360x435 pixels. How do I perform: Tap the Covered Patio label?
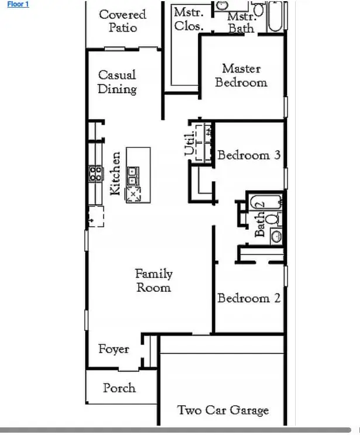(122, 20)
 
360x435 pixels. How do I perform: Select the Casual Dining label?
(117, 82)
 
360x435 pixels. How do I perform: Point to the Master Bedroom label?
(241, 75)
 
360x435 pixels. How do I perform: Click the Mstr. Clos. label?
(189, 19)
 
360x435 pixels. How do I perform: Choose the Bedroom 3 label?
(249, 155)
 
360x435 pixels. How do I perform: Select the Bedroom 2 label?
(249, 298)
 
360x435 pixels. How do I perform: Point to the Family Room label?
(154, 281)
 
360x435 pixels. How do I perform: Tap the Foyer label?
(113, 349)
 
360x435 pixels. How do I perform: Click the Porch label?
(119, 388)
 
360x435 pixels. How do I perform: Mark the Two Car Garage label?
(223, 410)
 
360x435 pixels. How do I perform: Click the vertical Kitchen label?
(116, 173)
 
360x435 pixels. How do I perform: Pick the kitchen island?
(139, 174)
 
